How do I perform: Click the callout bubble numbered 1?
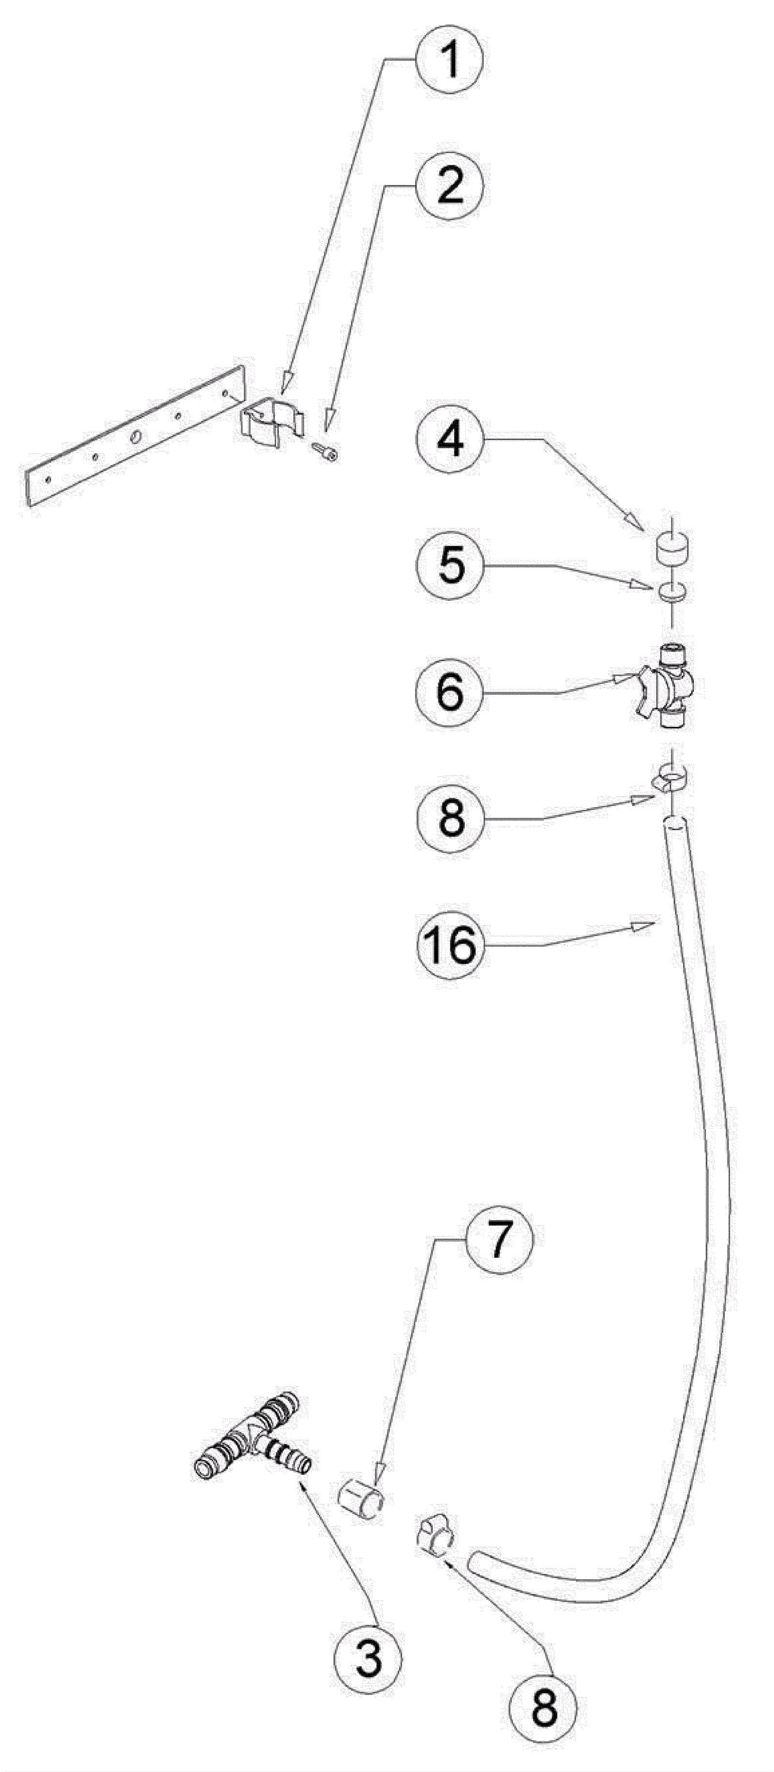450,61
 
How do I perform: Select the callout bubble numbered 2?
450,186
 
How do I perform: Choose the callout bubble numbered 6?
450,693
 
